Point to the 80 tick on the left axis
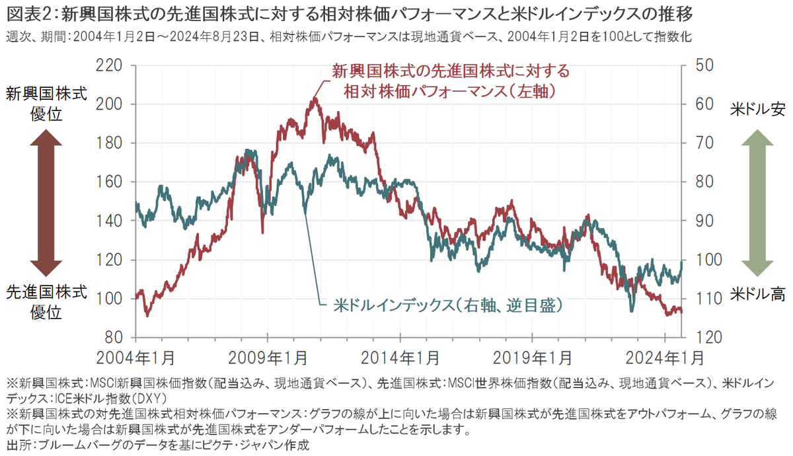(x=115, y=337)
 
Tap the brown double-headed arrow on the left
(x=46, y=202)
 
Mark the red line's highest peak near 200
(x=315, y=99)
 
